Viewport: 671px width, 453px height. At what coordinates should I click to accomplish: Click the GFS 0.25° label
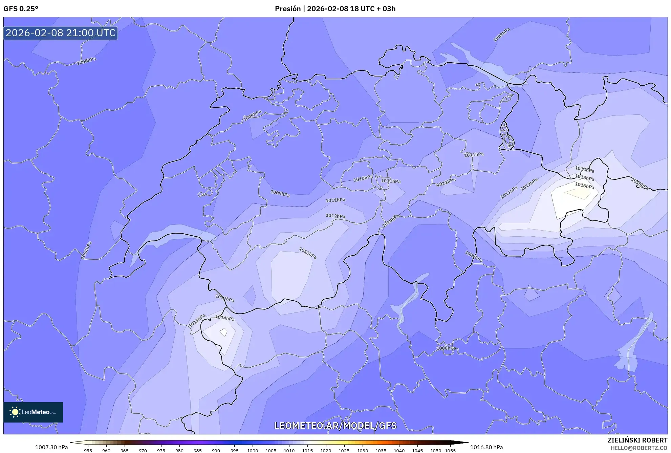(21, 9)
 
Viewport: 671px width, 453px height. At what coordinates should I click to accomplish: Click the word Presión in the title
(287, 9)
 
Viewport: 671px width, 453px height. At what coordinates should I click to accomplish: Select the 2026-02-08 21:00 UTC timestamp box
(61, 33)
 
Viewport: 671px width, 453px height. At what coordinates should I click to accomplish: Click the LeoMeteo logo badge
(33, 412)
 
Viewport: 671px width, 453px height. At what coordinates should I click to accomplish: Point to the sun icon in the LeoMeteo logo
(15, 412)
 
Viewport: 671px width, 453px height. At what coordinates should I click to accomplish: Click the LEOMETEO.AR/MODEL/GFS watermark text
(335, 426)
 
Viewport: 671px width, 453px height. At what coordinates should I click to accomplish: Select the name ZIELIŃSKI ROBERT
(637, 440)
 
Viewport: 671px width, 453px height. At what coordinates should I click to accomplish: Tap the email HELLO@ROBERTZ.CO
(639, 448)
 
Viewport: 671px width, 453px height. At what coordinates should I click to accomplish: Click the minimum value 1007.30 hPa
(51, 447)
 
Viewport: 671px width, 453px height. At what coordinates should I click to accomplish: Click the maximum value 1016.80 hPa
(486, 447)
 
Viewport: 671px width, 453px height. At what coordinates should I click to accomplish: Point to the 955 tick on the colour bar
(88, 451)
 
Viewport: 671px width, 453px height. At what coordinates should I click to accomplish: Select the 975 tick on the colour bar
(161, 451)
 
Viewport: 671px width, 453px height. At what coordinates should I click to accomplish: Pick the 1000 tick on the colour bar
(253, 451)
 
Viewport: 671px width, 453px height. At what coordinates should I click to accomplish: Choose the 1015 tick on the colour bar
(307, 451)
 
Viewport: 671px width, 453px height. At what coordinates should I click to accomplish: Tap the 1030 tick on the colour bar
(362, 451)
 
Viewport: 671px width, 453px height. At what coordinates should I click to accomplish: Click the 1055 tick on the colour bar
(450, 451)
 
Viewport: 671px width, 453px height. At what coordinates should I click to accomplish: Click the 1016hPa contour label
(584, 186)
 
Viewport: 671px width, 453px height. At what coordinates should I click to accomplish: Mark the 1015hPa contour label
(584, 178)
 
